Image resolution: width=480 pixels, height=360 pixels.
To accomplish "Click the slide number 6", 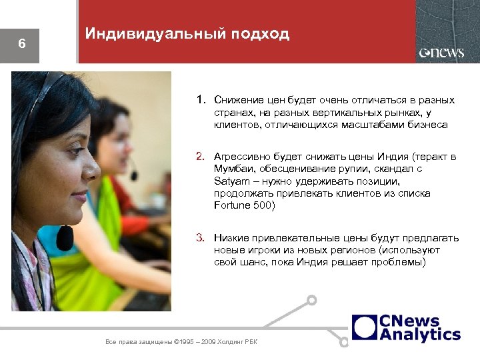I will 21,45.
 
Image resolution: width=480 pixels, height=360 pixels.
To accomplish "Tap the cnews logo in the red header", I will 441,53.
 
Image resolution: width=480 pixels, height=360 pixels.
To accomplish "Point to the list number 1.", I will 200,100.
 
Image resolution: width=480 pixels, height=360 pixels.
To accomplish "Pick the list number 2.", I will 200,157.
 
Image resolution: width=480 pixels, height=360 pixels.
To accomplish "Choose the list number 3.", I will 200,238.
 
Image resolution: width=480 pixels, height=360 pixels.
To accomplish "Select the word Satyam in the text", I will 229,181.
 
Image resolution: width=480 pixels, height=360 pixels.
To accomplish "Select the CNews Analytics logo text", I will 419,327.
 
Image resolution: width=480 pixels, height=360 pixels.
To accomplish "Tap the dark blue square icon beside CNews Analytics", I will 365,327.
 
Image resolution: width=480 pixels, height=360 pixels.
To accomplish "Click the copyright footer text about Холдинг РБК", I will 181,342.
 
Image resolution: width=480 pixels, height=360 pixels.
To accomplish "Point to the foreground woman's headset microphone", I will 65,236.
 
